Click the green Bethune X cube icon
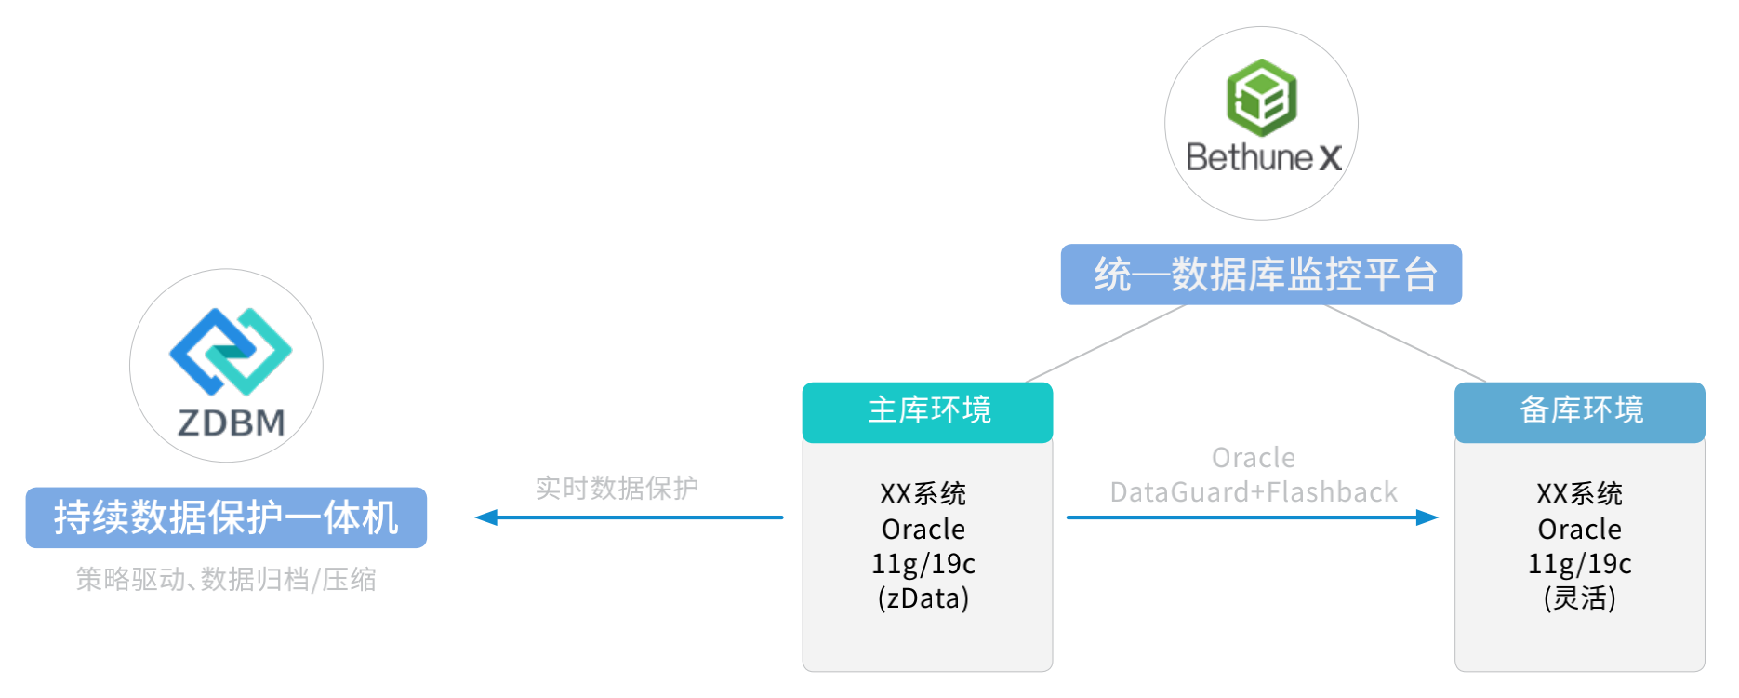pyautogui.click(x=1261, y=97)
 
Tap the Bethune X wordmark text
pyautogui.click(x=1263, y=157)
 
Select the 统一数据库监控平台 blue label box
pyautogui.click(x=1261, y=275)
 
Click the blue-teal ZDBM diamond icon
pyautogui.click(x=230, y=352)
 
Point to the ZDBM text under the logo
pyautogui.click(x=231, y=423)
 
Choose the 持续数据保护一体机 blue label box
pyautogui.click(x=226, y=517)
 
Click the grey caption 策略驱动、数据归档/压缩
pyautogui.click(x=226, y=580)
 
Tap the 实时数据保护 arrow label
pyautogui.click(x=617, y=488)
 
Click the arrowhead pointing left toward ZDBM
pyautogui.click(x=485, y=517)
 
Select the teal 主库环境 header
pyautogui.click(x=927, y=411)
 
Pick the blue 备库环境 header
pyautogui.click(x=1579, y=411)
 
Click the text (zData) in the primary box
pyautogui.click(x=923, y=598)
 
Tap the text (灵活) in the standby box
pyautogui.click(x=1579, y=598)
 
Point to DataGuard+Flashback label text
pyautogui.click(x=1253, y=492)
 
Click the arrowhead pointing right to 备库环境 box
pyautogui.click(x=1427, y=517)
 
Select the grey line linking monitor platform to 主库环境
pyautogui.click(x=1106, y=343)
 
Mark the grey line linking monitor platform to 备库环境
pyautogui.click(x=1405, y=343)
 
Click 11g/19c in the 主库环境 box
pyautogui.click(x=923, y=564)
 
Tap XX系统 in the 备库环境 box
pyautogui.click(x=1579, y=493)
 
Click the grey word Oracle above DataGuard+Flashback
pyautogui.click(x=1253, y=458)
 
